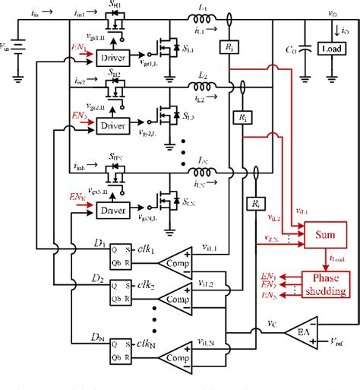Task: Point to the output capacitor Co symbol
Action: (305, 47)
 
